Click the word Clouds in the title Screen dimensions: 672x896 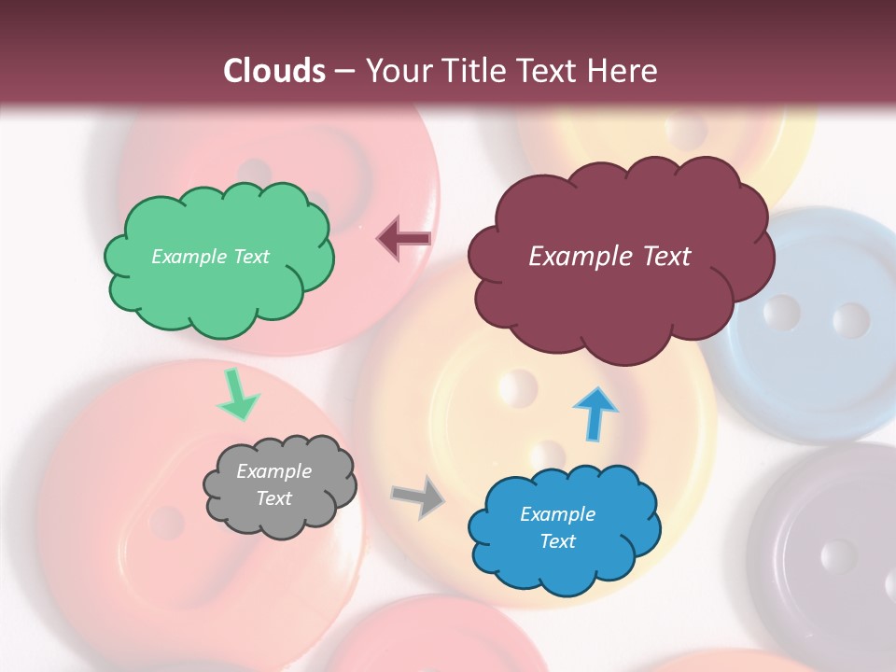[x=274, y=71]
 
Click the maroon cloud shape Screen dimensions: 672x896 [x=621, y=308]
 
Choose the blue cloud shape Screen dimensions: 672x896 [x=560, y=569]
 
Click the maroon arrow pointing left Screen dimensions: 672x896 [x=403, y=239]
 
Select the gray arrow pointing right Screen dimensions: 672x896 [x=419, y=497]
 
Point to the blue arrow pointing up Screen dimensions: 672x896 [x=595, y=413]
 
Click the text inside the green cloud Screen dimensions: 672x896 [x=210, y=257]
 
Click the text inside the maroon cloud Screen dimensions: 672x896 [x=609, y=257]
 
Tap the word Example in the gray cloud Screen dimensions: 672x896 [x=273, y=471]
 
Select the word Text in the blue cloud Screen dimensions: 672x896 [x=557, y=541]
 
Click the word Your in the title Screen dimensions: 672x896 [x=396, y=71]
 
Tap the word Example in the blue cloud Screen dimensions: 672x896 [x=557, y=514]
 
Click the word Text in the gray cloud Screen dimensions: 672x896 [x=273, y=498]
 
